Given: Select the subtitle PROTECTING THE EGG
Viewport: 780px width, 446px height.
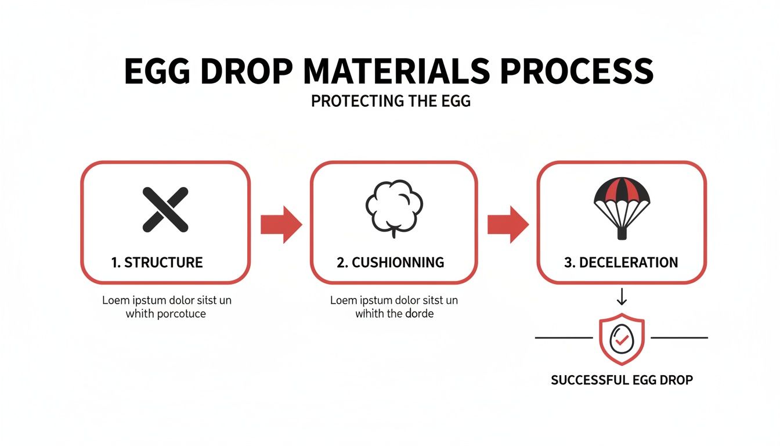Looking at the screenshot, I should tap(390, 101).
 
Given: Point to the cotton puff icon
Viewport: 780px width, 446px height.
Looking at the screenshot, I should tap(394, 207).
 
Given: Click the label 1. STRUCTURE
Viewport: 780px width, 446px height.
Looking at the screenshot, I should tap(157, 262).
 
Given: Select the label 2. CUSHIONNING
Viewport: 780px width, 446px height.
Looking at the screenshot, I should tap(391, 262).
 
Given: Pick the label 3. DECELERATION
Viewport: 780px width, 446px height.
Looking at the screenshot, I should tap(621, 262).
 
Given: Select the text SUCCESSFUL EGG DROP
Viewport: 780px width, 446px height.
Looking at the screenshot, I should tap(622, 380).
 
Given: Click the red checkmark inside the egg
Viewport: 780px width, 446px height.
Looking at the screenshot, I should tap(622, 342).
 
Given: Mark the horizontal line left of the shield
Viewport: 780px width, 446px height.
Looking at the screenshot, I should tap(565, 337).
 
